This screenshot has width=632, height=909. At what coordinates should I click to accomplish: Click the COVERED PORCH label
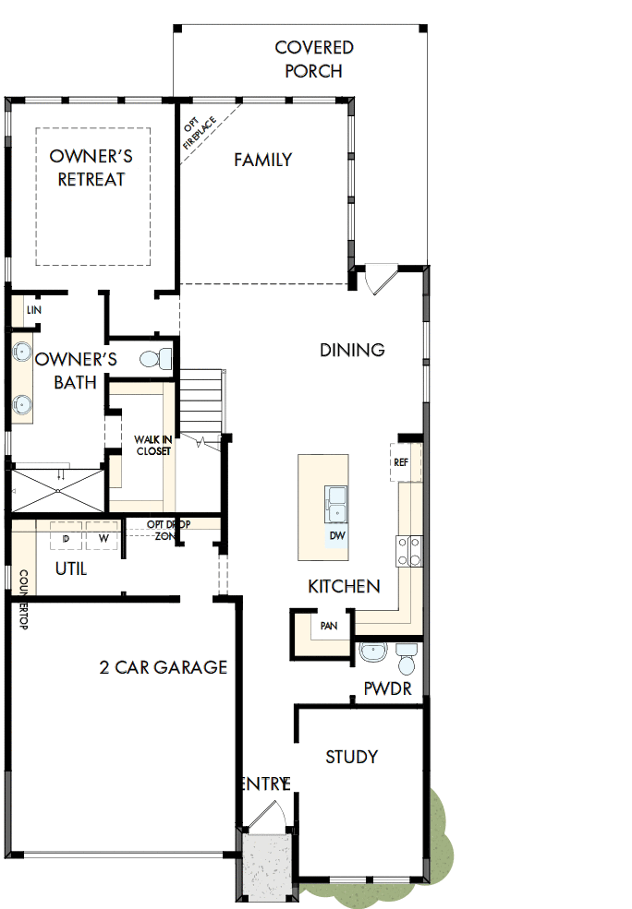(x=313, y=59)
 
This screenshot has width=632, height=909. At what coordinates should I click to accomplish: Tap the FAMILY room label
(x=262, y=160)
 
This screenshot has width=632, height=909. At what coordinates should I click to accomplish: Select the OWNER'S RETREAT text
(x=91, y=167)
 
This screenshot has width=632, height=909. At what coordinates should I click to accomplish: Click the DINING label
(x=352, y=350)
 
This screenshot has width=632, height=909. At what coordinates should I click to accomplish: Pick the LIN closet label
(x=34, y=310)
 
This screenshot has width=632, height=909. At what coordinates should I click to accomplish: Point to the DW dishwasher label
(x=336, y=535)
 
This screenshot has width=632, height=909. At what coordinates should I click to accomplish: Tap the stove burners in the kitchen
(x=409, y=551)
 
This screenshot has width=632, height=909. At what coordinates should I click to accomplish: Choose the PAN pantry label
(x=328, y=626)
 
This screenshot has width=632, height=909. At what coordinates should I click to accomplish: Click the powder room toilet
(x=406, y=658)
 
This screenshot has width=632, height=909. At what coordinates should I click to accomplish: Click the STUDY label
(x=351, y=757)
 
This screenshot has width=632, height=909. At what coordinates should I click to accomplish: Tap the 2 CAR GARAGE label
(x=164, y=667)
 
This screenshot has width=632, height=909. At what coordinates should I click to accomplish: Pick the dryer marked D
(x=67, y=538)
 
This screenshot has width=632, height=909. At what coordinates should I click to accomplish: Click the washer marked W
(x=103, y=538)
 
